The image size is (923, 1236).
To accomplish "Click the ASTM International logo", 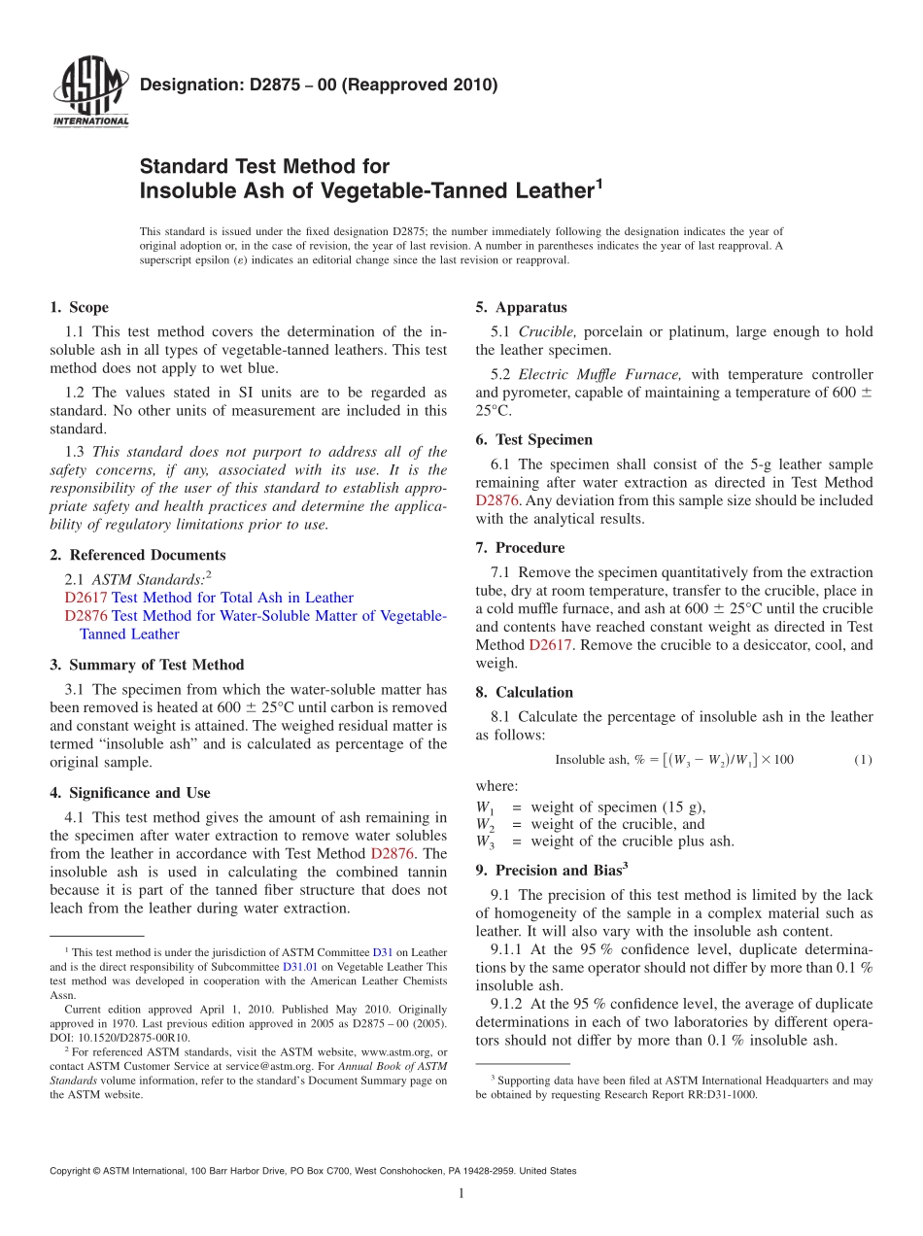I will [89, 92].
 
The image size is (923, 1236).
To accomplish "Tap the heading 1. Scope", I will [80, 307].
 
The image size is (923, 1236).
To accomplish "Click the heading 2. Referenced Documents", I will [138, 555].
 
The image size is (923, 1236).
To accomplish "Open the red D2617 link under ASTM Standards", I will [86, 598].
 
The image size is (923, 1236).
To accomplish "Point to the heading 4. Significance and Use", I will [130, 793].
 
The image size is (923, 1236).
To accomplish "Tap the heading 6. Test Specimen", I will [533, 439].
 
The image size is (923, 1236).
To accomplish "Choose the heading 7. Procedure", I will [520, 547].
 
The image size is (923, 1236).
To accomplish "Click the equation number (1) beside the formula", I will [863, 760].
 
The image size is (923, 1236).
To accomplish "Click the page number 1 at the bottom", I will [461, 1194].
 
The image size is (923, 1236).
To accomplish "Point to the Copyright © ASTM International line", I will [313, 1171].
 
